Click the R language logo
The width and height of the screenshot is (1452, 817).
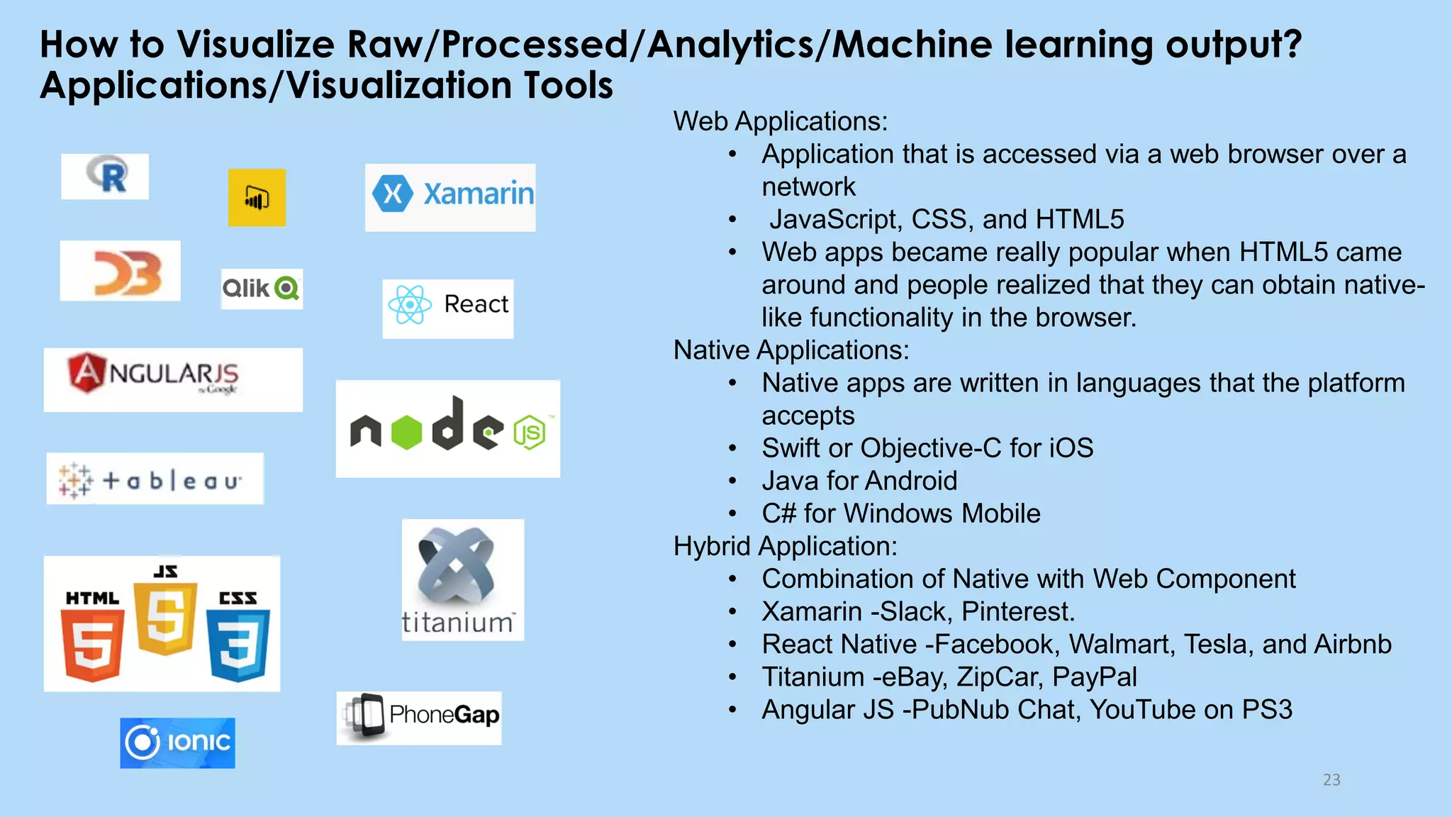(x=106, y=176)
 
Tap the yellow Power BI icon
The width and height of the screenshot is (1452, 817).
(x=257, y=198)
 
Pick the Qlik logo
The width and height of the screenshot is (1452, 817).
(x=262, y=289)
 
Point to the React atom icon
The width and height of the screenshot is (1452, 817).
(x=410, y=306)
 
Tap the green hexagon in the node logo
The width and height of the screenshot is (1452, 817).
(x=407, y=432)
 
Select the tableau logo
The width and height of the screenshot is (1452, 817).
(x=155, y=480)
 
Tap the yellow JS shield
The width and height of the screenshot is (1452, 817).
(x=166, y=617)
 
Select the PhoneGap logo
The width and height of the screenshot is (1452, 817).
(x=419, y=717)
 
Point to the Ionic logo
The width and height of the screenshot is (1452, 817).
(x=177, y=743)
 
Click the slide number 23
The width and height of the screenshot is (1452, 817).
(x=1331, y=780)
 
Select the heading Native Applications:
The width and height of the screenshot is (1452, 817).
(x=791, y=350)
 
